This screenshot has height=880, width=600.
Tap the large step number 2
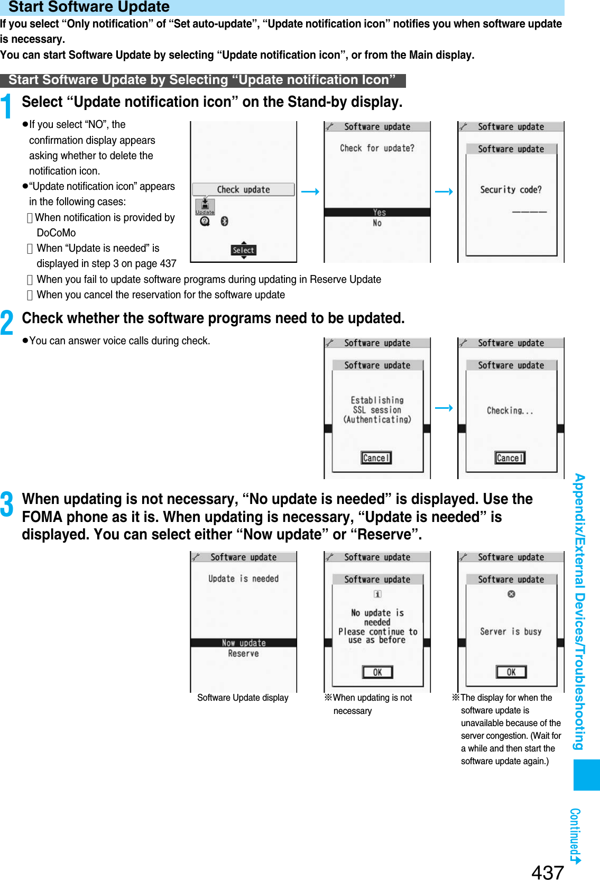click(x=7, y=323)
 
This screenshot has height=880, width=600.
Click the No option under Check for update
click(x=377, y=223)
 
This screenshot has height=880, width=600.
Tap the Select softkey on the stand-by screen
click(x=243, y=250)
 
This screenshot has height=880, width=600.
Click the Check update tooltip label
click(x=243, y=189)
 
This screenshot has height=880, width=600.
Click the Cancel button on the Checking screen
click(x=510, y=458)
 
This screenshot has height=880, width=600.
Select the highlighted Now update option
click(x=243, y=643)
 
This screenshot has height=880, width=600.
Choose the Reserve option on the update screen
click(x=243, y=654)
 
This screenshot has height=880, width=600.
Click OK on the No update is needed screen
click(x=377, y=672)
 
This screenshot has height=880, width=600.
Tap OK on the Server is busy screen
click(x=511, y=672)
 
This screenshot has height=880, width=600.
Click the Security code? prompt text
click(x=511, y=190)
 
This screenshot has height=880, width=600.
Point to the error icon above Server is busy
click(x=511, y=594)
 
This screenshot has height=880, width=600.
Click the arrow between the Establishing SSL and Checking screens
click(x=444, y=408)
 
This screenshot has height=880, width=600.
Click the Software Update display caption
click(x=243, y=698)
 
